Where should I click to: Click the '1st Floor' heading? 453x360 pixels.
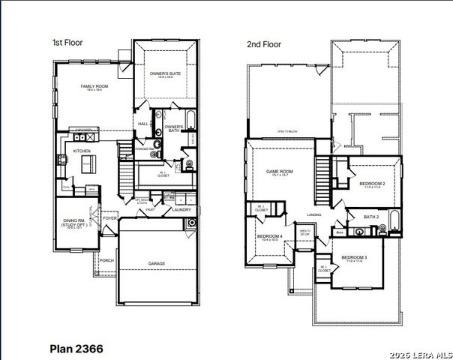(66, 43)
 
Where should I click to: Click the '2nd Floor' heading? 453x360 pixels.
(264, 44)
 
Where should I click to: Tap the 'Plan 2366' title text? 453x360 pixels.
(76, 349)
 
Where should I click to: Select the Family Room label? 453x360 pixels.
(95, 87)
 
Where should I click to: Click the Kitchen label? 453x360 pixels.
(82, 151)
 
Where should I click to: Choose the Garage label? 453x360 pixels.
(157, 263)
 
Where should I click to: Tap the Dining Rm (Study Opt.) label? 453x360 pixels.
(73, 222)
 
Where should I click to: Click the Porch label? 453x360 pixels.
(106, 261)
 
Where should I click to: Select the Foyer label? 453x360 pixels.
(110, 219)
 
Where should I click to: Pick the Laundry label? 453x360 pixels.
(181, 210)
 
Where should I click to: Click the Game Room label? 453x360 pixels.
(280, 172)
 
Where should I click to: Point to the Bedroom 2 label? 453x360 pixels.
(372, 184)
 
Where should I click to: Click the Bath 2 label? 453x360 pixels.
(371, 217)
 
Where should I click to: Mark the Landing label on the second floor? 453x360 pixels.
(313, 215)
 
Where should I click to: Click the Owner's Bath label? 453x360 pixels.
(174, 128)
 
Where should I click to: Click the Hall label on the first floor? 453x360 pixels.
(143, 124)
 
